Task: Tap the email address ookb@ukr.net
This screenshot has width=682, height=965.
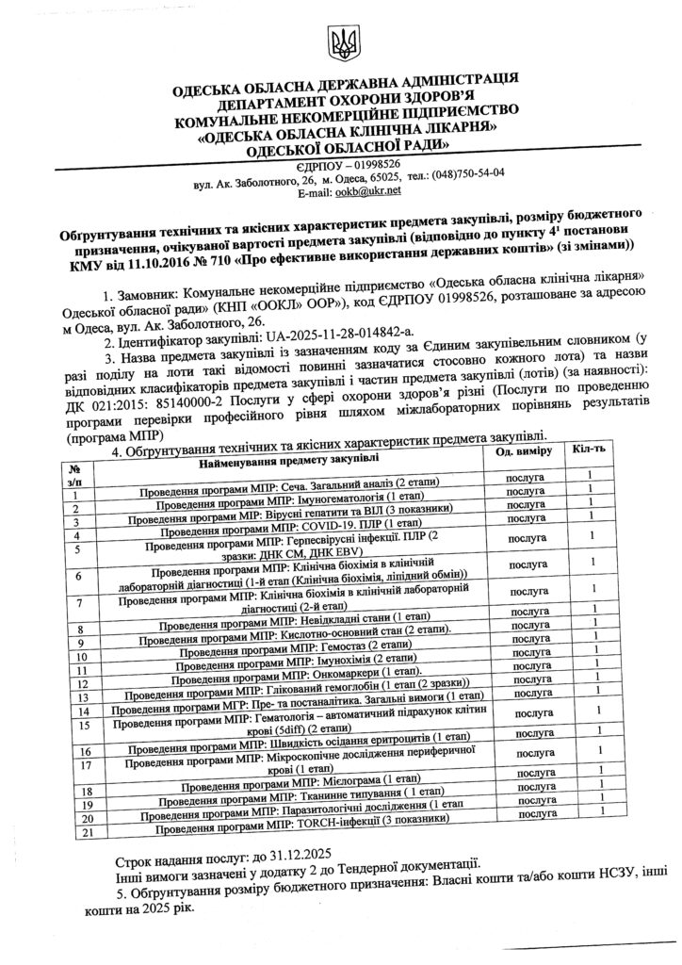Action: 370,190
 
